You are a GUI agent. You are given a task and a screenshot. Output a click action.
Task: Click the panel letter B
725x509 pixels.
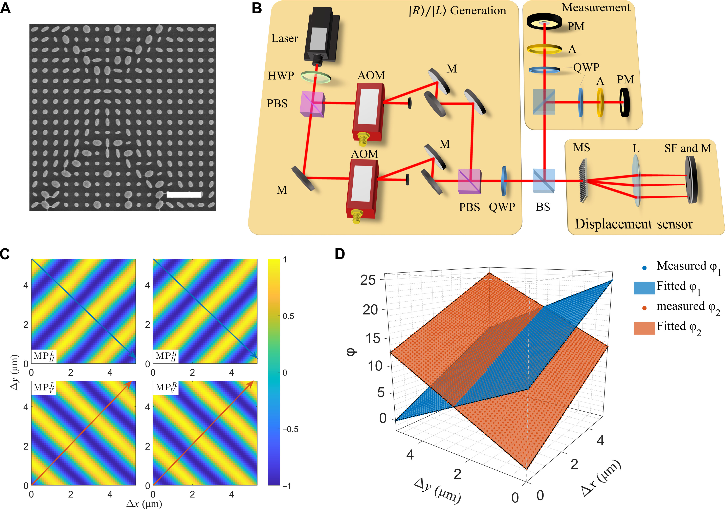(x=257, y=8)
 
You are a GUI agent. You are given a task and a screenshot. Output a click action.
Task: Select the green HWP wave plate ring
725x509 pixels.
(x=315, y=76)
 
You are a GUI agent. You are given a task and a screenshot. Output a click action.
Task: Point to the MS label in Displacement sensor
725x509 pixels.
(x=582, y=148)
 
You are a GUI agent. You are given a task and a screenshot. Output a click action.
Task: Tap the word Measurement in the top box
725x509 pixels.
(x=596, y=8)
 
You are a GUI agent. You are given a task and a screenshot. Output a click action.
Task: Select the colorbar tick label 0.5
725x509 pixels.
(x=288, y=316)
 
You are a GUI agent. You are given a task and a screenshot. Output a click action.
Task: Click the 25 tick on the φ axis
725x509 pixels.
(x=368, y=280)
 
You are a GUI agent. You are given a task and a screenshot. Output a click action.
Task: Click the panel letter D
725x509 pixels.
(x=340, y=254)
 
